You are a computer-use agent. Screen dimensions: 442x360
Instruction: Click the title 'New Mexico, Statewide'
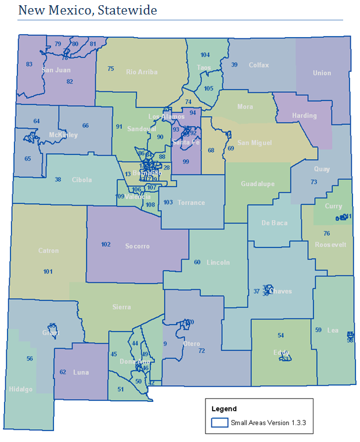88,10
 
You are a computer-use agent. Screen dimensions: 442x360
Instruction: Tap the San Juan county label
56,70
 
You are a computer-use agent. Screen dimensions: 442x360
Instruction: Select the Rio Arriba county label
142,72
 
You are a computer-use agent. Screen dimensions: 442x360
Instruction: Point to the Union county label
322,73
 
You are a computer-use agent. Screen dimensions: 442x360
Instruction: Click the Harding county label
304,116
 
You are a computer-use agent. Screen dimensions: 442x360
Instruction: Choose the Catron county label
48,251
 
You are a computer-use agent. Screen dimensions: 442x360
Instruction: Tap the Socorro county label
137,246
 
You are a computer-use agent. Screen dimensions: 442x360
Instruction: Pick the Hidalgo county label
21,389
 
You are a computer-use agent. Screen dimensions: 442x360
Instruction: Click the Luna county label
81,372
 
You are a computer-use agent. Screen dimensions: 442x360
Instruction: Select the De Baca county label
275,223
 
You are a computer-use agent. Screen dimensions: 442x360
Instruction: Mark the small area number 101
48,271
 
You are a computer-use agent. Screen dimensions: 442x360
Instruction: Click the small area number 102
106,245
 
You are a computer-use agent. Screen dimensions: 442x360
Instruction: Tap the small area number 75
110,69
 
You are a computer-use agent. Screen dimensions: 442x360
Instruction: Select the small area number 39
235,64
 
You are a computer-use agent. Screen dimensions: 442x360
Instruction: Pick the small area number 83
29,64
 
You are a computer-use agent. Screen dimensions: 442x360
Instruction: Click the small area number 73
314,182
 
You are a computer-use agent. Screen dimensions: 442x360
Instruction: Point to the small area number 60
197,262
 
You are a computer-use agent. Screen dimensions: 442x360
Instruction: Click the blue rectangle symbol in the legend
219,423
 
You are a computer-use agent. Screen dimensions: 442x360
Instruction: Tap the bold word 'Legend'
224,409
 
